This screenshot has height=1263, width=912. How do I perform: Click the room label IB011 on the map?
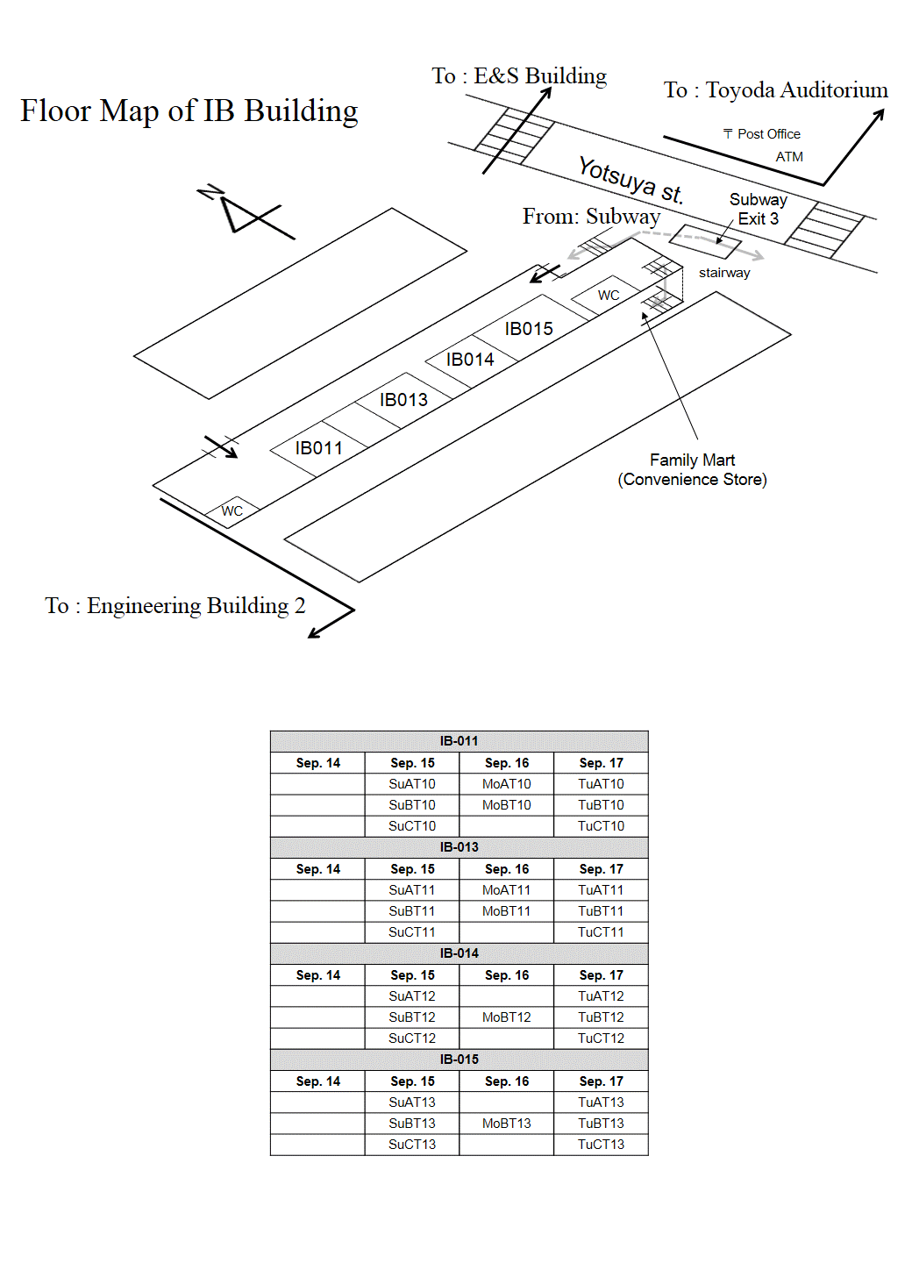click(318, 448)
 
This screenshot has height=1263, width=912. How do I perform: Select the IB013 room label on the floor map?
click(403, 400)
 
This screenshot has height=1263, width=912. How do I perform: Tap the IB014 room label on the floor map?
click(470, 360)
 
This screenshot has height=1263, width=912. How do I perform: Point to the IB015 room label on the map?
click(529, 329)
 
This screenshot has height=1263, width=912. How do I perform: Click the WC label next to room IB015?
click(609, 296)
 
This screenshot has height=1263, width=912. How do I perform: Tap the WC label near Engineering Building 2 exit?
click(232, 510)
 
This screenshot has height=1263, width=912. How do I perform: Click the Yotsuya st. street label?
click(631, 181)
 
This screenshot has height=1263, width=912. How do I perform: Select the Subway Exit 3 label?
click(759, 209)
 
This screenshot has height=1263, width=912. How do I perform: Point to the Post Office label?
click(762, 134)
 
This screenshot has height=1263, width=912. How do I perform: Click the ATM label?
click(789, 157)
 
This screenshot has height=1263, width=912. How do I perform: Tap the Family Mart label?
click(692, 460)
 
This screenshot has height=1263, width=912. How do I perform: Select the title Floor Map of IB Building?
click(189, 111)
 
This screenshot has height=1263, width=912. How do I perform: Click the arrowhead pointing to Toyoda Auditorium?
click(879, 114)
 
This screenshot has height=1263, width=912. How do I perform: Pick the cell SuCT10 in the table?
click(412, 826)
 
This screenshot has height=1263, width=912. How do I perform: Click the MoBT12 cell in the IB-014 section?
click(506, 1017)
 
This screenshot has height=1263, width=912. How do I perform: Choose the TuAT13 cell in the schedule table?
click(601, 1102)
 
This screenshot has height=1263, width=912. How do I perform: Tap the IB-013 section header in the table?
click(459, 847)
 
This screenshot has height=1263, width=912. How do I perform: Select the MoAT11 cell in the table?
click(506, 890)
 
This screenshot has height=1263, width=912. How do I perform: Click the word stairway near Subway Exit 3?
click(724, 273)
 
